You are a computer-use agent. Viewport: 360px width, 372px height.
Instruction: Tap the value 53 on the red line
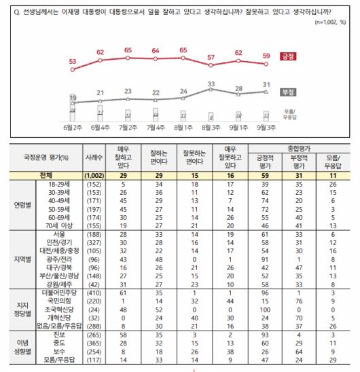pyautogui.click(x=71, y=61)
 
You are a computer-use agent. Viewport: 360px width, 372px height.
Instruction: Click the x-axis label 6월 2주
pyautogui.click(x=71, y=126)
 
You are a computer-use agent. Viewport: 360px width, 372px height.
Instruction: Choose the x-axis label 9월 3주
pyautogui.click(x=267, y=126)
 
